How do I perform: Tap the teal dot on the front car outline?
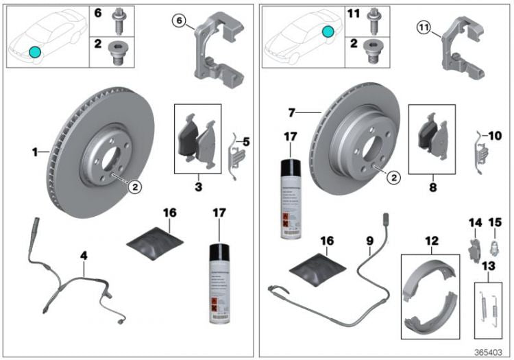pyautogui.click(x=35, y=51)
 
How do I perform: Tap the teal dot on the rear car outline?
pyautogui.click(x=328, y=32)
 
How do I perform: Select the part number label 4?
pyautogui.click(x=84, y=255)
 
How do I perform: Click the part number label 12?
pyautogui.click(x=430, y=241)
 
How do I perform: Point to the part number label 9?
pyautogui.click(x=369, y=241)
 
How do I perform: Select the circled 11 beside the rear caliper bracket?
pyautogui.click(x=424, y=27)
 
